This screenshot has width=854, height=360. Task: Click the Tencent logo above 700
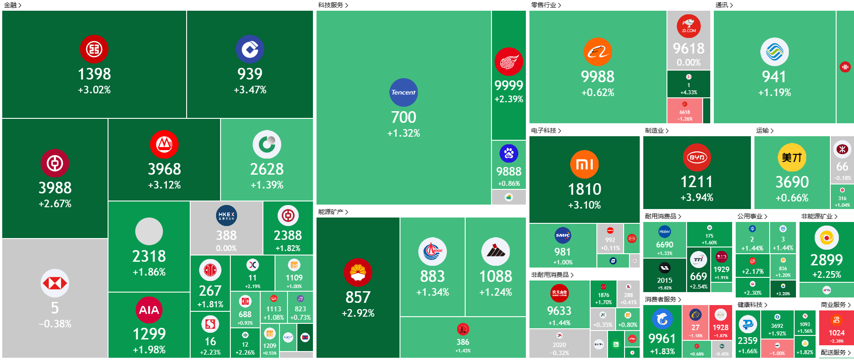tap(404, 92)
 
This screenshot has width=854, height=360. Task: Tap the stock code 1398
tap(94, 74)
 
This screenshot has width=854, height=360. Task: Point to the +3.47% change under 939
tap(250, 90)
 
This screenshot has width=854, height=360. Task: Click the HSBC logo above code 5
tap(55, 283)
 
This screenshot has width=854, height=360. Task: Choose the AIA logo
tap(149, 310)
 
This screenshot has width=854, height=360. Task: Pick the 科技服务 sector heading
tap(331, 5)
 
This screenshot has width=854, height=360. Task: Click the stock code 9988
tap(598, 77)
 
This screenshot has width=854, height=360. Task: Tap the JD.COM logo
tap(688, 26)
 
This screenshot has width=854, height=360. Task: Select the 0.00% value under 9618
tap(688, 63)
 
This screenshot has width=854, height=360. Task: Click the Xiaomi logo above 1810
tap(584, 164)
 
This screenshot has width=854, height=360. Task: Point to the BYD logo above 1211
tap(697, 157)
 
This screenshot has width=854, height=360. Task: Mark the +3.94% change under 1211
tap(697, 197)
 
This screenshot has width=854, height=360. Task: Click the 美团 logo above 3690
tap(792, 157)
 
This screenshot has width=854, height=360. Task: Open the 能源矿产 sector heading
tap(331, 212)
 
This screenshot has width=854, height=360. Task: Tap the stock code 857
tap(358, 297)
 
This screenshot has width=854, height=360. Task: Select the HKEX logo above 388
tap(226, 216)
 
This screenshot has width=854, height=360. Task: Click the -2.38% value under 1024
tap(837, 341)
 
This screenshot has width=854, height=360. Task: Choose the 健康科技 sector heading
tap(750, 305)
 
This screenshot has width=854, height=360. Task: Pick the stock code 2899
tap(827, 260)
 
